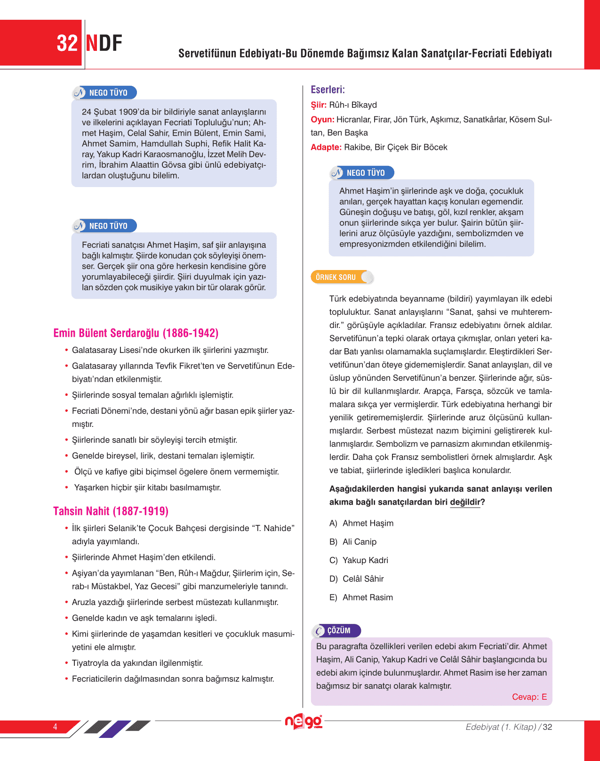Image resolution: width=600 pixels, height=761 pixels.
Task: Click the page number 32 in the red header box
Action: click(67, 43)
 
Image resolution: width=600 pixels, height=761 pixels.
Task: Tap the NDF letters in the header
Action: click(104, 43)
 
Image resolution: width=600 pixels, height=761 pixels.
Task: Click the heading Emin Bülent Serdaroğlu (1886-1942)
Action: click(136, 333)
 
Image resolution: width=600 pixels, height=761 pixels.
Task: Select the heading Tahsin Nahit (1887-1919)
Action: click(111, 511)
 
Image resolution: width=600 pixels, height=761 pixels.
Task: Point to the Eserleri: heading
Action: click(328, 90)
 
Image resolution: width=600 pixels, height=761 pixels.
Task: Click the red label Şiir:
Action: click(319, 105)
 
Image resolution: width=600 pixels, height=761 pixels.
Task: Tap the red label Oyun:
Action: click(322, 120)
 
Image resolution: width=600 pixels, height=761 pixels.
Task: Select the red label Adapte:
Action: click(326, 147)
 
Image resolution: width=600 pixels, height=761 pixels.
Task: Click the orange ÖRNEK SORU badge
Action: click(336, 277)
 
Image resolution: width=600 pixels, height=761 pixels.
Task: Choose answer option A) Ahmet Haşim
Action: click(361, 524)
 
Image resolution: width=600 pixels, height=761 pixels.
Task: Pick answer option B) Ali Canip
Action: click(353, 542)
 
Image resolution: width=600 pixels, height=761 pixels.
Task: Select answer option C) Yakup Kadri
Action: click(359, 560)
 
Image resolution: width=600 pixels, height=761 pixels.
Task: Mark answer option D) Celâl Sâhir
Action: click(357, 579)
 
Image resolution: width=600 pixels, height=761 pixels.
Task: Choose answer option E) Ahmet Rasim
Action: click(361, 597)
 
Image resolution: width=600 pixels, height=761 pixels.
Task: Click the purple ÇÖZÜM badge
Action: click(337, 630)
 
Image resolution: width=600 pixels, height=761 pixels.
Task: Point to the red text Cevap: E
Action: click(529, 697)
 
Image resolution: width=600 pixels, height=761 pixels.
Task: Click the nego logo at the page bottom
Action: click(304, 721)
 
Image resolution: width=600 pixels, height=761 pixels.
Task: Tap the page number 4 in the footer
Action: click(55, 727)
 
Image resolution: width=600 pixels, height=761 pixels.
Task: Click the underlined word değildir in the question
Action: click(465, 502)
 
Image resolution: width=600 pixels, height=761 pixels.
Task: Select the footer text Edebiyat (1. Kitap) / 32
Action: click(509, 727)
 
